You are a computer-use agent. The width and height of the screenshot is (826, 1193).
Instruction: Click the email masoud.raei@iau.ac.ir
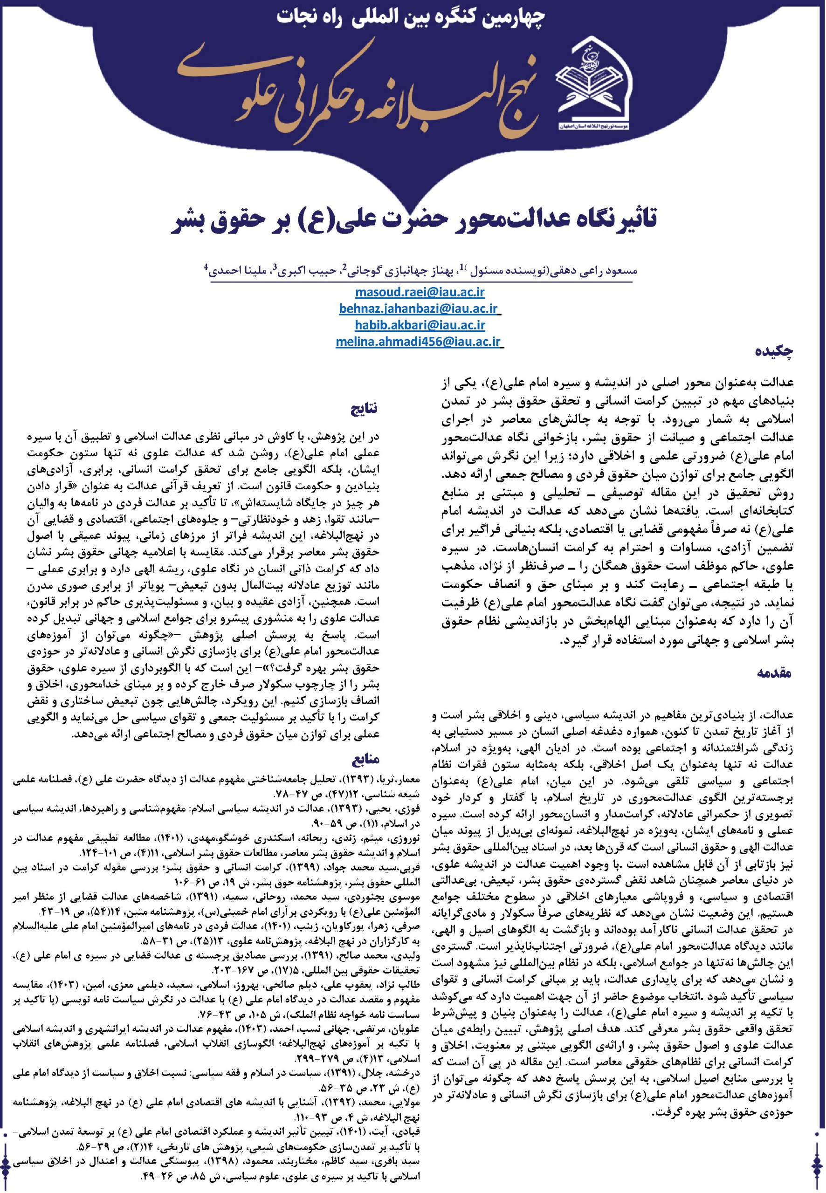(420, 292)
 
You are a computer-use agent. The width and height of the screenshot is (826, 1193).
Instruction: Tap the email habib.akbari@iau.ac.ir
(420, 325)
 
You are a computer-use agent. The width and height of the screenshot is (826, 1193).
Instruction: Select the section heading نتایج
(365, 409)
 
